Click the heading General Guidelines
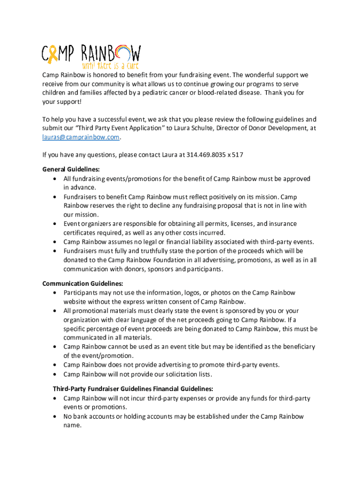click(x=71, y=169)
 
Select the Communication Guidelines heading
click(x=83, y=283)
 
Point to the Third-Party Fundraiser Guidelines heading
click(x=133, y=389)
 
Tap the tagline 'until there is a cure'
click(x=110, y=66)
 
